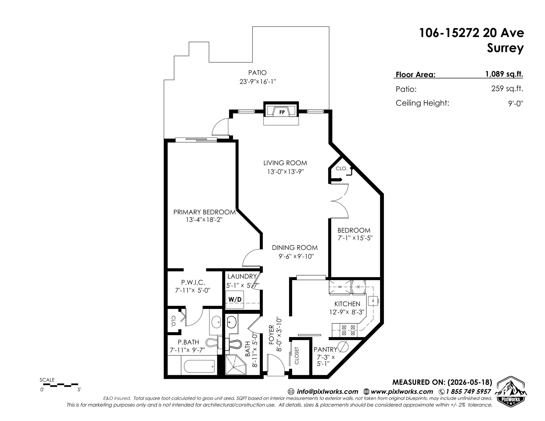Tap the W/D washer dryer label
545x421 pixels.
point(235,299)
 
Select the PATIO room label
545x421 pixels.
point(257,73)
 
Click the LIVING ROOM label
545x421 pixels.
point(285,163)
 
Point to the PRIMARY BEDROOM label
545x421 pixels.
point(204,212)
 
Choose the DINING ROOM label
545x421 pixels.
point(295,248)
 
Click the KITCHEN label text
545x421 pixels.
point(347,304)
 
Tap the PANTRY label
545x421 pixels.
point(325,349)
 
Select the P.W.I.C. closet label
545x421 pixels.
point(193,282)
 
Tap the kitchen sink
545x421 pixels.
point(372,301)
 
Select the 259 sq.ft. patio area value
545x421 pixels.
point(507,89)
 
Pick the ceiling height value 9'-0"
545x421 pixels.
point(516,103)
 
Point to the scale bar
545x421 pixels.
point(61,385)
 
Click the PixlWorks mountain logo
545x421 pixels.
point(511,390)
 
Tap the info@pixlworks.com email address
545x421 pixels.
point(327,392)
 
